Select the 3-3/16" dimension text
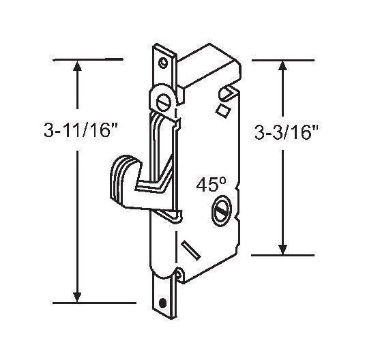[x=284, y=132]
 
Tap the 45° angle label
[x=210, y=184]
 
